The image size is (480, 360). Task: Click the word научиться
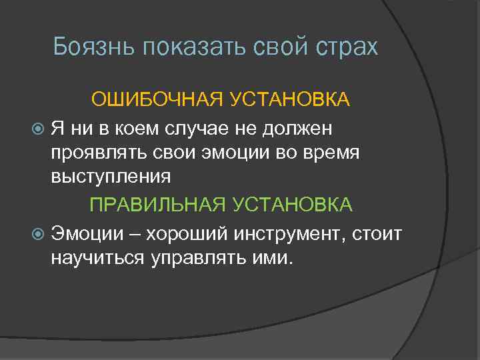tap(97, 257)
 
